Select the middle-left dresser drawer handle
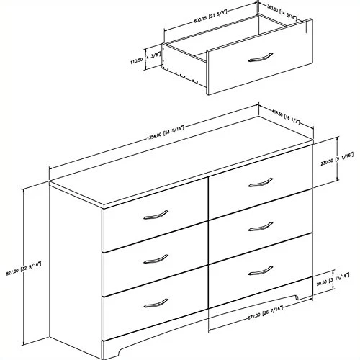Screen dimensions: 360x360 155,257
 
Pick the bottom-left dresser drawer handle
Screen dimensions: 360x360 155,301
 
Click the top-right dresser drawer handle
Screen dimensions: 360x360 261,181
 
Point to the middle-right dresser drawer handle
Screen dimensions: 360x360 261,225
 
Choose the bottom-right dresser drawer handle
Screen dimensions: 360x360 261,271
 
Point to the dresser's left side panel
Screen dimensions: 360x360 76,259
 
